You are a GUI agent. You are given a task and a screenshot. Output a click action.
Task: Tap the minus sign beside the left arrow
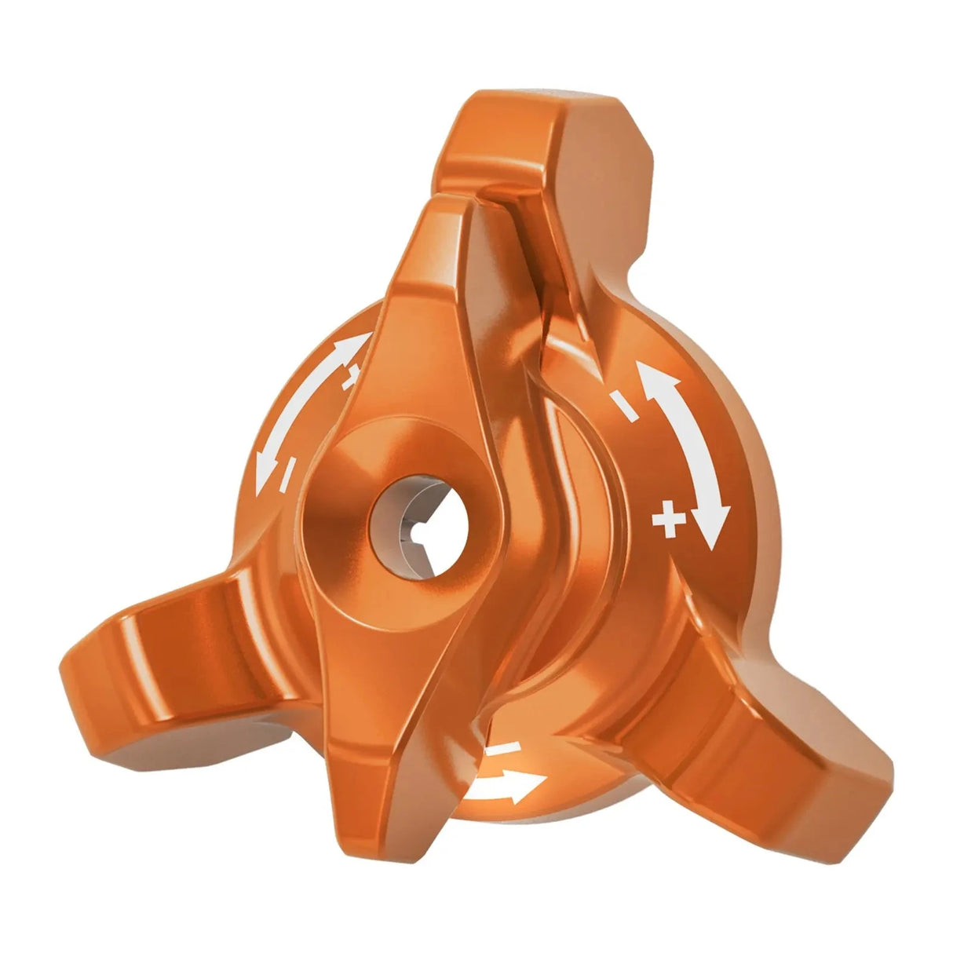pyautogui.click(x=288, y=472)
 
